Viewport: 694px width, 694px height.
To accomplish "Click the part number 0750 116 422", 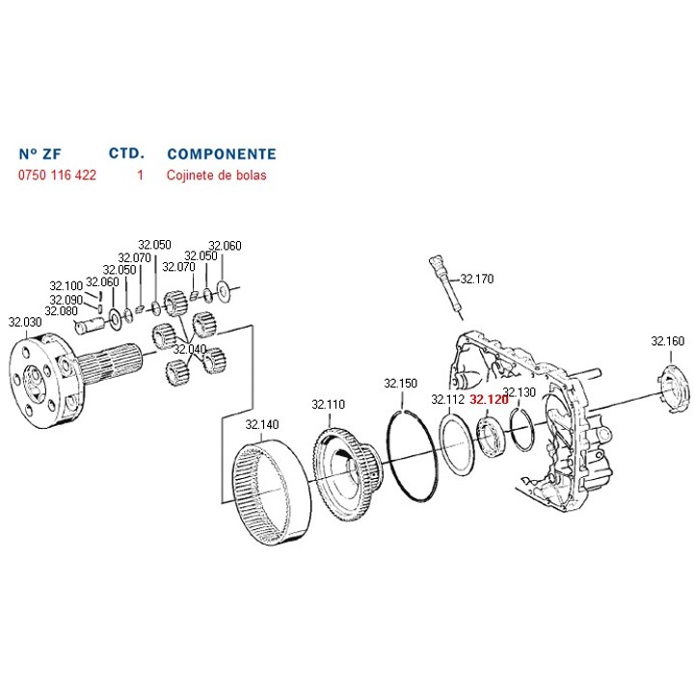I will tap(58, 176).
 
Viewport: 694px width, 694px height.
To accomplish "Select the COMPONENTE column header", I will tap(222, 154).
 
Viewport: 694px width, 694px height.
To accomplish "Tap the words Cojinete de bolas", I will tap(217, 176).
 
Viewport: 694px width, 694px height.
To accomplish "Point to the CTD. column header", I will tap(126, 153).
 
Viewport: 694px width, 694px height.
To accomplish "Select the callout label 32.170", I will tap(476, 279).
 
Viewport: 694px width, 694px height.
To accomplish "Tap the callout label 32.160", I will tap(667, 340).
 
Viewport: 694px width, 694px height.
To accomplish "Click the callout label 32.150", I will tap(400, 383).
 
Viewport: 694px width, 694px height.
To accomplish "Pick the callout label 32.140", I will tap(261, 424).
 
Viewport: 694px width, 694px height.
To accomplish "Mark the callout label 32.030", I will tap(25, 321).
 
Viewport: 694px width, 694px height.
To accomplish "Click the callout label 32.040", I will tap(189, 349).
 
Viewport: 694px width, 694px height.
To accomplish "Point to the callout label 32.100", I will tap(67, 286).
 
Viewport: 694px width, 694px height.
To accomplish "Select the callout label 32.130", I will tap(520, 392).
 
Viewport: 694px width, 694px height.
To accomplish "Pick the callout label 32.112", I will tap(448, 398).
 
